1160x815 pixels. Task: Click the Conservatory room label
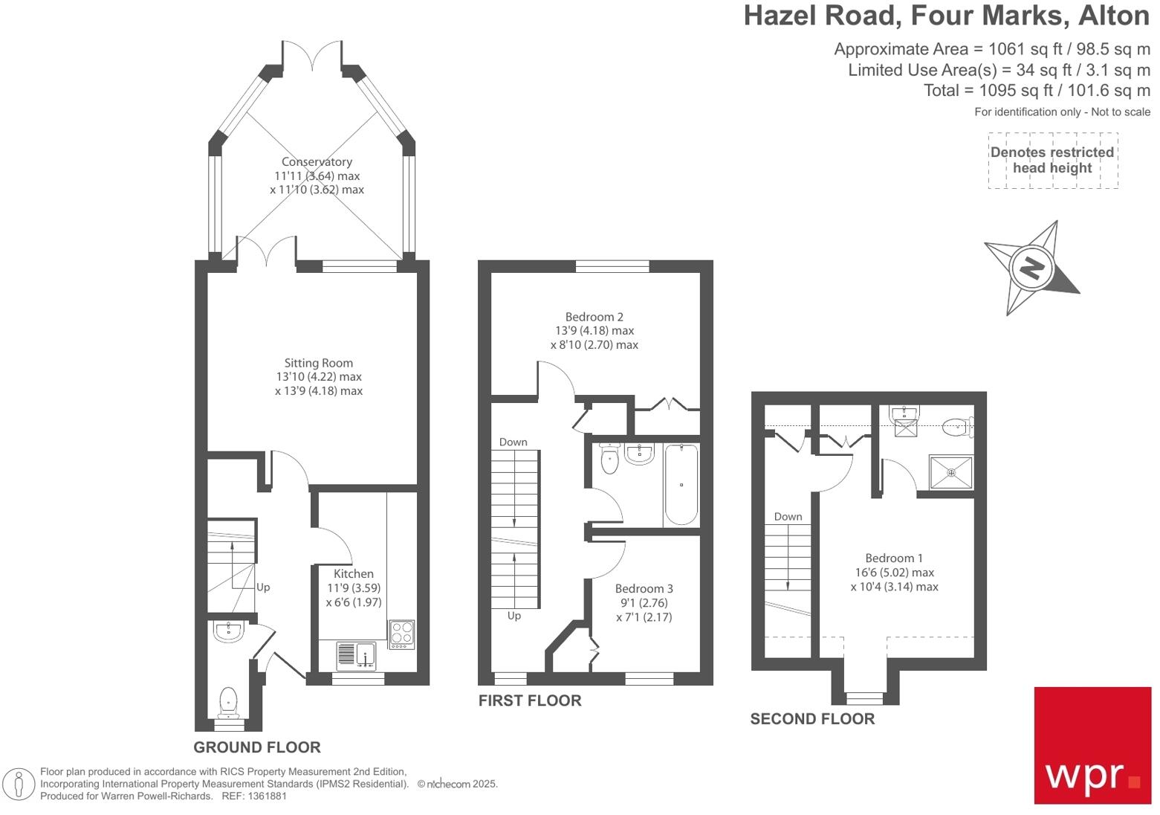[x=317, y=162]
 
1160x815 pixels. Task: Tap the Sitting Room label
[x=318, y=363]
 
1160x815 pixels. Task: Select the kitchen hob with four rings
[x=402, y=634]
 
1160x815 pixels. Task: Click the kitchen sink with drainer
[x=357, y=654]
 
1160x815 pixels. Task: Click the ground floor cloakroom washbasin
[x=227, y=632]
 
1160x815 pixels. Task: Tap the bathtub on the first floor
[x=681, y=484]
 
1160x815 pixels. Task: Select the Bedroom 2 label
[x=594, y=317]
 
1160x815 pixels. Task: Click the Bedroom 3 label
[x=644, y=588]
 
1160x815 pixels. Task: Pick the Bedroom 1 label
[x=894, y=558]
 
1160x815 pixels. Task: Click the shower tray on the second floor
[x=950, y=472]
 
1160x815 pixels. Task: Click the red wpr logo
[x=1092, y=745]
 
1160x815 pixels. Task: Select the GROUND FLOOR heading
[x=257, y=747]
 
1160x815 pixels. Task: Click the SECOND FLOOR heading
[x=812, y=719]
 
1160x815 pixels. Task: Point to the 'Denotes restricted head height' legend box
[x=1052, y=161]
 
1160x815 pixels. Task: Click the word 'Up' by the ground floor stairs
[x=263, y=587]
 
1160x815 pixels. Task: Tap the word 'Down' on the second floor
[x=788, y=516]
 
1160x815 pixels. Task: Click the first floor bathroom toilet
[x=609, y=459]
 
